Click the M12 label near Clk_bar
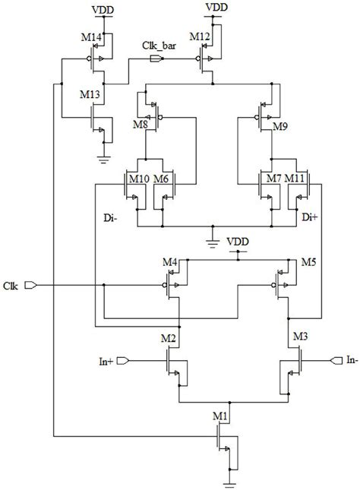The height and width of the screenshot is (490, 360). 199,37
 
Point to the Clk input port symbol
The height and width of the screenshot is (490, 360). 31,286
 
